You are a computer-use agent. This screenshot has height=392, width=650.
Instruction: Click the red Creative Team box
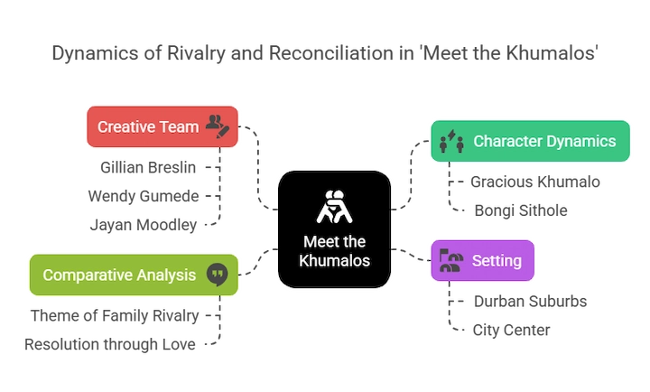tap(162, 126)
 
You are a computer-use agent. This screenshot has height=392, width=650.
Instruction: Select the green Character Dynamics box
tap(530, 141)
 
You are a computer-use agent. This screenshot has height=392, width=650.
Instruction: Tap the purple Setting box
tap(482, 260)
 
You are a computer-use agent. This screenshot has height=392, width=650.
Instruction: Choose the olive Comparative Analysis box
tap(134, 275)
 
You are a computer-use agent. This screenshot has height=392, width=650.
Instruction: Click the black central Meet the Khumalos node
tap(335, 229)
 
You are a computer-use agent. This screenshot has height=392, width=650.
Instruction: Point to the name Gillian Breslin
tap(148, 168)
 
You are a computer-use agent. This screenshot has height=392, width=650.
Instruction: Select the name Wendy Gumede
tap(144, 196)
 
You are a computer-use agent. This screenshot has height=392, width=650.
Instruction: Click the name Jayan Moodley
tap(144, 225)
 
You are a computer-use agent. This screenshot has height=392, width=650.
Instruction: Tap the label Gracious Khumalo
tap(535, 182)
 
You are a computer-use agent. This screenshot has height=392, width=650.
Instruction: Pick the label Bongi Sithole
tap(521, 210)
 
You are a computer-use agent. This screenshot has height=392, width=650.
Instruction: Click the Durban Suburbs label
tap(530, 301)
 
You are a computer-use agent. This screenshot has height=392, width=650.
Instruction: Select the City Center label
tap(511, 331)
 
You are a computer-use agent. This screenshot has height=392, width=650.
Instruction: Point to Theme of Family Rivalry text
tap(115, 315)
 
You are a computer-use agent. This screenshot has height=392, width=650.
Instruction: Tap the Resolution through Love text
tap(110, 344)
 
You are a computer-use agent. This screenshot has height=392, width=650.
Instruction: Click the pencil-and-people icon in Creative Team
tap(218, 126)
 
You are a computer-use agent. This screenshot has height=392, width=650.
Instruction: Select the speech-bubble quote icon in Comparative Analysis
tap(218, 275)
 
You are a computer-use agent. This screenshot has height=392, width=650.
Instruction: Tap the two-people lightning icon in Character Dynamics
tap(451, 141)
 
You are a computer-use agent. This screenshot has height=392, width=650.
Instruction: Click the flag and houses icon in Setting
tap(451, 260)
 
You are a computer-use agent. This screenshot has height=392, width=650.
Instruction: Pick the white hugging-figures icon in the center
tap(335, 207)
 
